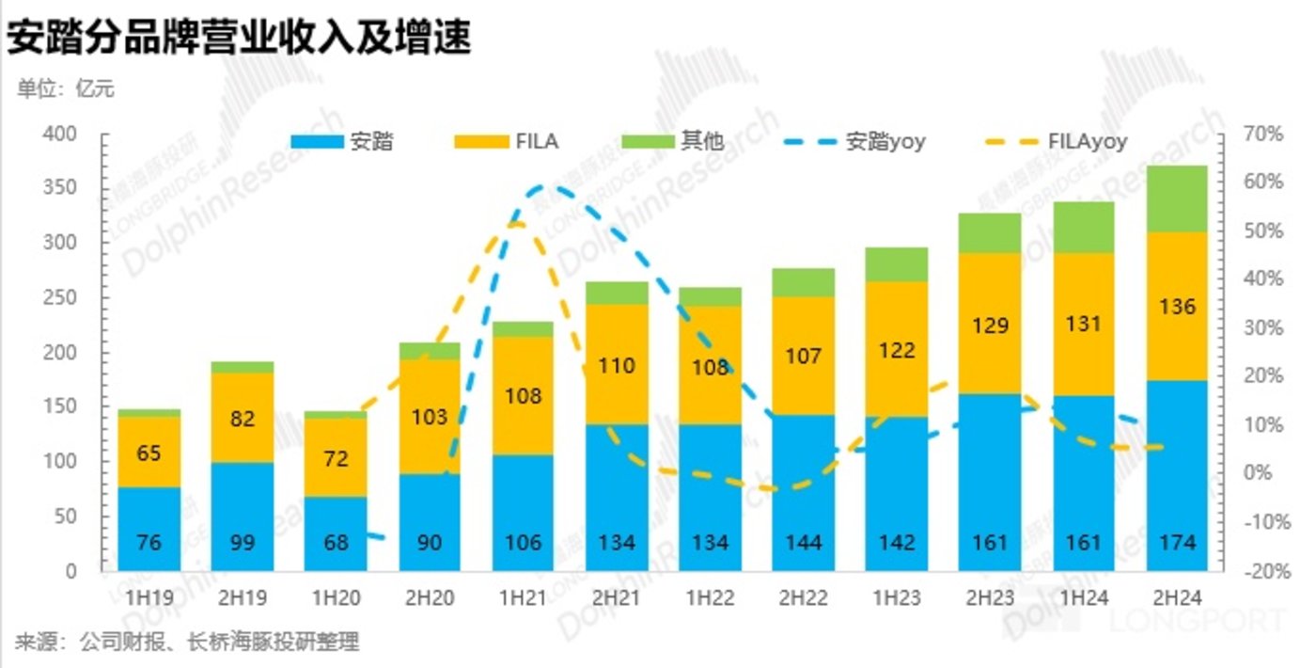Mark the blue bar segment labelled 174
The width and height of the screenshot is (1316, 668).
[x=1176, y=475]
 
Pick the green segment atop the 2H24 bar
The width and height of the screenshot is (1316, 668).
[x=1176, y=199]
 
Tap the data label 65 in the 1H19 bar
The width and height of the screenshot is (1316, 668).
[x=149, y=453]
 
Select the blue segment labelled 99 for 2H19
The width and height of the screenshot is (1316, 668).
[x=242, y=516]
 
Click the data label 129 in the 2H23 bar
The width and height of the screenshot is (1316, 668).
[x=990, y=326]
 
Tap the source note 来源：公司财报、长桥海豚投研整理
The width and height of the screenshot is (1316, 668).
[x=187, y=644]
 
